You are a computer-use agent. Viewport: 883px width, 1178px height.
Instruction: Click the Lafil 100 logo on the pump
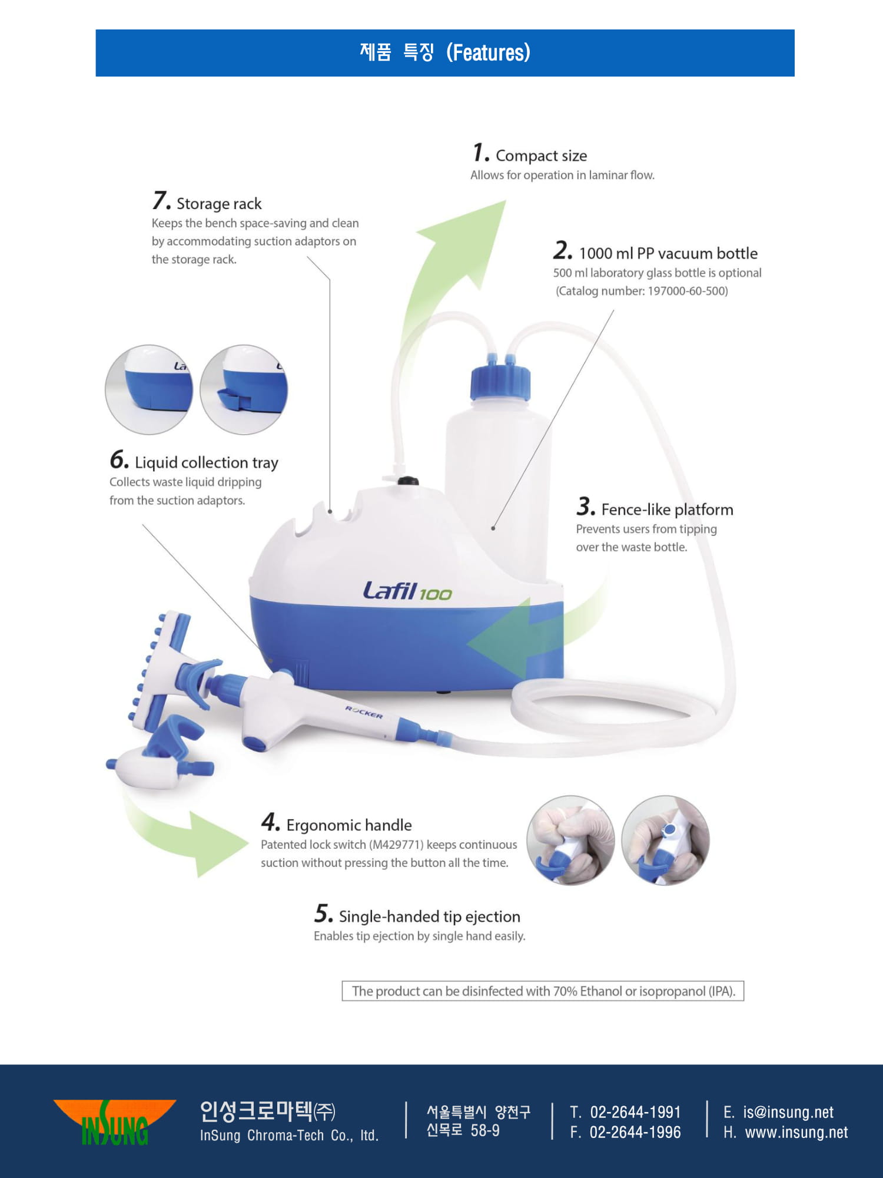pos(407,591)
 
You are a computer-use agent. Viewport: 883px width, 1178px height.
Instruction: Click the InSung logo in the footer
pos(115,1122)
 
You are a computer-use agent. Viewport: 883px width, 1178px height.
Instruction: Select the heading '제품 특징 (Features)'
pos(445,52)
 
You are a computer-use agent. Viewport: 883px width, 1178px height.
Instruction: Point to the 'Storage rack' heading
pos(219,204)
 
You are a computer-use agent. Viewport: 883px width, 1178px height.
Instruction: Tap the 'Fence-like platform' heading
pos(668,509)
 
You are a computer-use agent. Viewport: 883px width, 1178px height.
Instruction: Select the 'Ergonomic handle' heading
pos(349,825)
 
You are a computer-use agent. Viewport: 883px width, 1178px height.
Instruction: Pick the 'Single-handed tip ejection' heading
pos(430,916)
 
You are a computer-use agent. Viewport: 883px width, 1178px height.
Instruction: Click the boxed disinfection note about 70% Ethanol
pos(543,991)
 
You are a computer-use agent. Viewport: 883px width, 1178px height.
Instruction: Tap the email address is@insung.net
pos(788,1112)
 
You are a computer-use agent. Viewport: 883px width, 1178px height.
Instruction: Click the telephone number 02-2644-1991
pos(636,1112)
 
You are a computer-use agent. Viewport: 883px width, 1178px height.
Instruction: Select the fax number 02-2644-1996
pos(635,1132)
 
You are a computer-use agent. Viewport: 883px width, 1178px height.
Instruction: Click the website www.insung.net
pos(796,1132)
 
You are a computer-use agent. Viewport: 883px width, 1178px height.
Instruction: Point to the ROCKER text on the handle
pos(364,712)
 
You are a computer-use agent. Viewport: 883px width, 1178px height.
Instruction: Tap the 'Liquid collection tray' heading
pos(207,463)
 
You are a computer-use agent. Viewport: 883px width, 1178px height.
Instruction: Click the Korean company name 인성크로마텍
pos(256,1111)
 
